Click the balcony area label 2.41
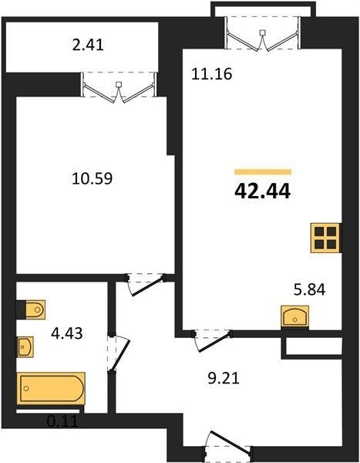tap(88, 46)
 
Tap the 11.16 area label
tap(211, 74)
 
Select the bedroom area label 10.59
tap(92, 179)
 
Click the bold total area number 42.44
tap(262, 191)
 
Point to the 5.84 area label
tap(310, 289)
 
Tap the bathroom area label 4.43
tap(67, 333)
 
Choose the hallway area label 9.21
tap(224, 378)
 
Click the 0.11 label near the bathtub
tap(63, 421)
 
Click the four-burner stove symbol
tap(326, 238)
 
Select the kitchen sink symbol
tap(294, 316)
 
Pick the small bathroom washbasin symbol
tap(25, 346)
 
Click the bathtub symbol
tap(51, 388)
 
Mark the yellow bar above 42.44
tap(263, 172)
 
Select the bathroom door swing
tap(118, 352)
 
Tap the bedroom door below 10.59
tap(145, 284)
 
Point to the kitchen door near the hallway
tap(212, 340)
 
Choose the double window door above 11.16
tap(263, 34)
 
